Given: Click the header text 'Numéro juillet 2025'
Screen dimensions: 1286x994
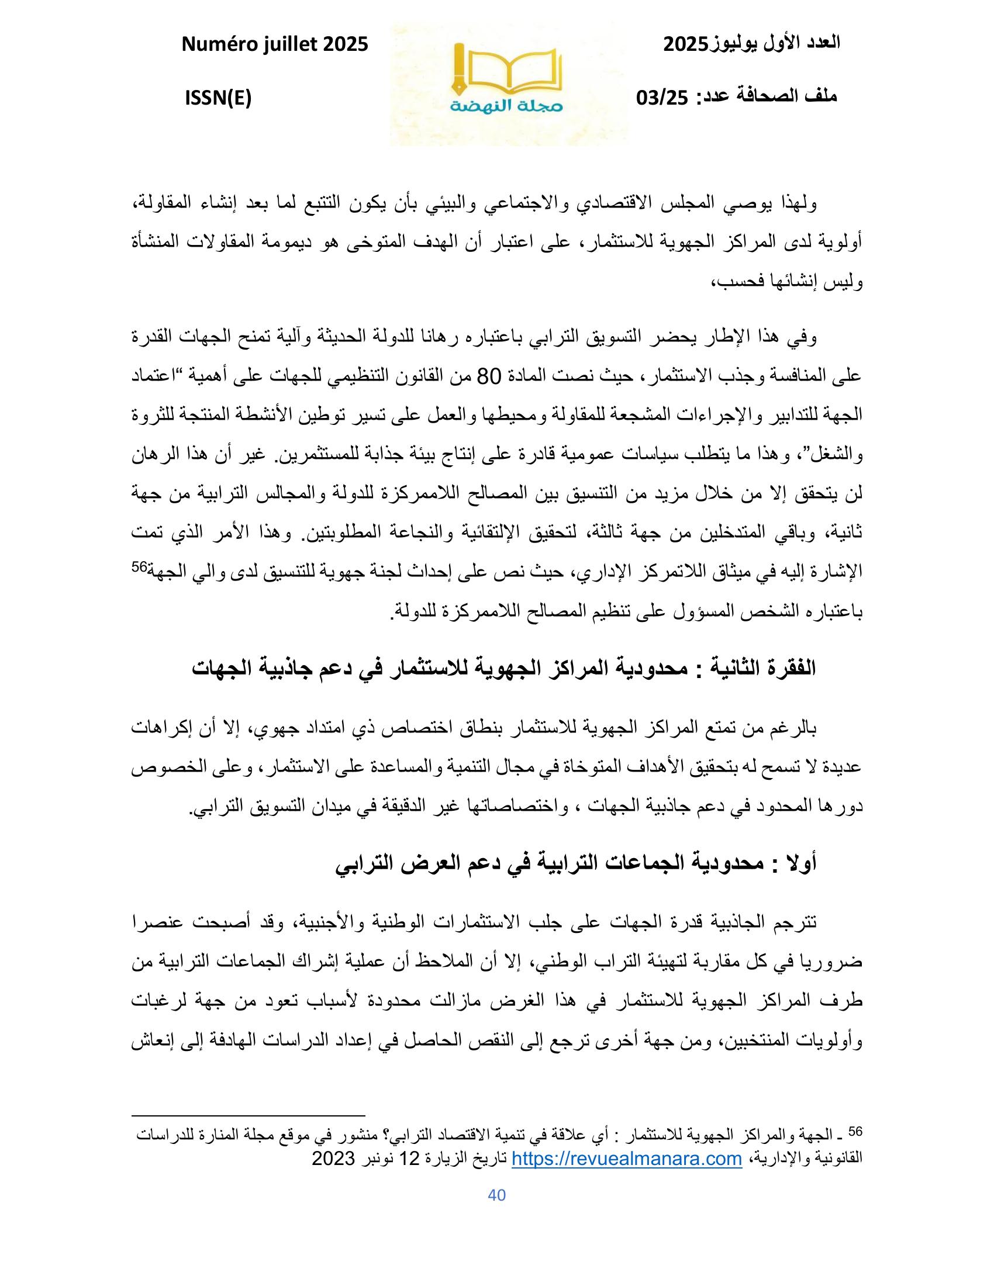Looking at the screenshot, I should tap(275, 44).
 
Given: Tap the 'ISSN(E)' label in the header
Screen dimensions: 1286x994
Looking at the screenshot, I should tap(218, 98).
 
